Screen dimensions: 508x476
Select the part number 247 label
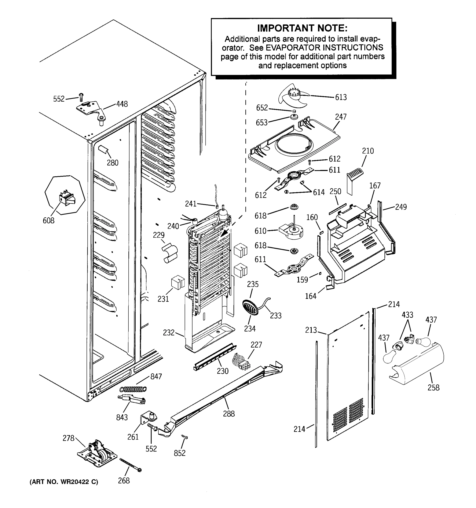tap(340, 117)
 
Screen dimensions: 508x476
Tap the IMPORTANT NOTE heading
tap(302, 28)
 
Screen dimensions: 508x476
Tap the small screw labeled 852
tap(185, 438)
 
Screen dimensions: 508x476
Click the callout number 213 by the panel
tap(311, 330)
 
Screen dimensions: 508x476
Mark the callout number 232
tap(169, 333)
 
